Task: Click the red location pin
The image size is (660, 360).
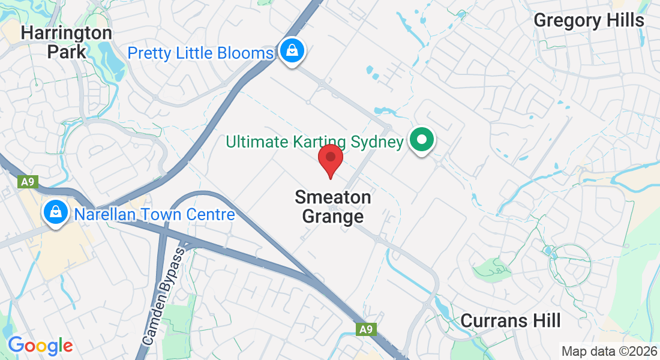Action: pyautogui.click(x=330, y=159)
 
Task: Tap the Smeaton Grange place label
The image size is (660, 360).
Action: pyautogui.click(x=333, y=206)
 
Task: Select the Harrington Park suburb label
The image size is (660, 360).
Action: pyautogui.click(x=66, y=42)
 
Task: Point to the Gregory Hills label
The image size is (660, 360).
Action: pyautogui.click(x=589, y=20)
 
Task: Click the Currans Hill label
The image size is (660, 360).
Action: pyautogui.click(x=511, y=321)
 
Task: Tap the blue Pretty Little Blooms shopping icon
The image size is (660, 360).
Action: pyautogui.click(x=291, y=50)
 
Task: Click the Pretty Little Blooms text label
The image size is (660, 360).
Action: pyautogui.click(x=200, y=53)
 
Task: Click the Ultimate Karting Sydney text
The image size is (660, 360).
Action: pyautogui.click(x=314, y=142)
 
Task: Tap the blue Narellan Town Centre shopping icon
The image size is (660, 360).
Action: pyautogui.click(x=55, y=212)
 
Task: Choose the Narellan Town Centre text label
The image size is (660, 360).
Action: pyautogui.click(x=154, y=214)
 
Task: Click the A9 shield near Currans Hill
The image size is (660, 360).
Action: pyautogui.click(x=366, y=329)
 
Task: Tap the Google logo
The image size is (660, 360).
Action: pyautogui.click(x=40, y=346)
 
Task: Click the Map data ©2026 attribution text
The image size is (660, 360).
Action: pyautogui.click(x=609, y=352)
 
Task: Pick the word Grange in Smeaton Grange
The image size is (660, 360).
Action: pyautogui.click(x=333, y=216)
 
